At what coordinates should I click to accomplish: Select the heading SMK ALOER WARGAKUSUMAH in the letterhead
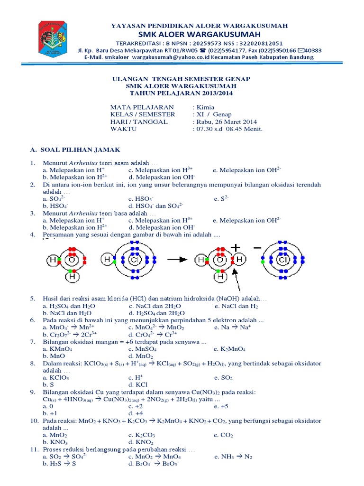(199, 35)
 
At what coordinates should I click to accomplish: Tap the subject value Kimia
(204, 107)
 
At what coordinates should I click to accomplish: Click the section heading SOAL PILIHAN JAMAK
(76, 150)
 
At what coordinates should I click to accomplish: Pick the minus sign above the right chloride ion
(257, 248)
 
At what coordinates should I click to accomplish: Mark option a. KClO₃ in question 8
(55, 378)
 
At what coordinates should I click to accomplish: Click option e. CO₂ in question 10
(224, 435)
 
